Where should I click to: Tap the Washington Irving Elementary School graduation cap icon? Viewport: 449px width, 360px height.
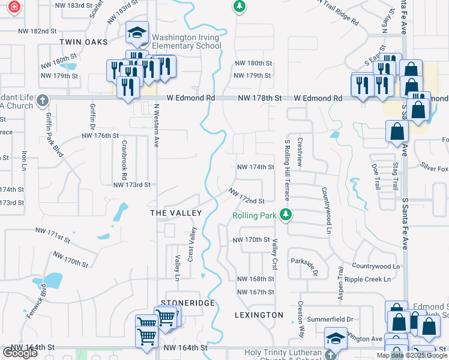pyautogui.click(x=137, y=33)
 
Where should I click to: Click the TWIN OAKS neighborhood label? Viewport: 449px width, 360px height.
pyautogui.click(x=83, y=41)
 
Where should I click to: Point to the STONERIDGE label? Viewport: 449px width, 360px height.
pyautogui.click(x=187, y=304)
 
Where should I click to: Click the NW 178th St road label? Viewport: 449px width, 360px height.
pyautogui.click(x=259, y=98)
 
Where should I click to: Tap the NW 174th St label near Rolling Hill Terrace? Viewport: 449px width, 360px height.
pyautogui.click(x=255, y=167)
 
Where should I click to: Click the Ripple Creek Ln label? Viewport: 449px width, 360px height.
pyautogui.click(x=371, y=279)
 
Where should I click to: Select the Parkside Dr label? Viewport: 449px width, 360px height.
pyautogui.click(x=304, y=264)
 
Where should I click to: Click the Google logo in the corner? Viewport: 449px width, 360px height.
pyautogui.click(x=20, y=353)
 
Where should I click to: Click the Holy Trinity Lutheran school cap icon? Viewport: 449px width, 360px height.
pyautogui.click(x=335, y=338)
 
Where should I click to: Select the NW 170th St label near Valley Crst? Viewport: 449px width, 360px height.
pyautogui.click(x=252, y=239)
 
